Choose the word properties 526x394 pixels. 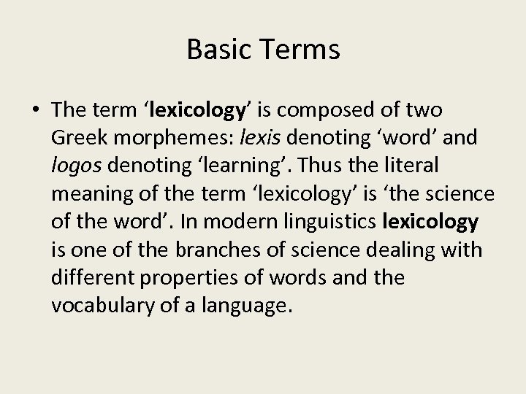point(196,277)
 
